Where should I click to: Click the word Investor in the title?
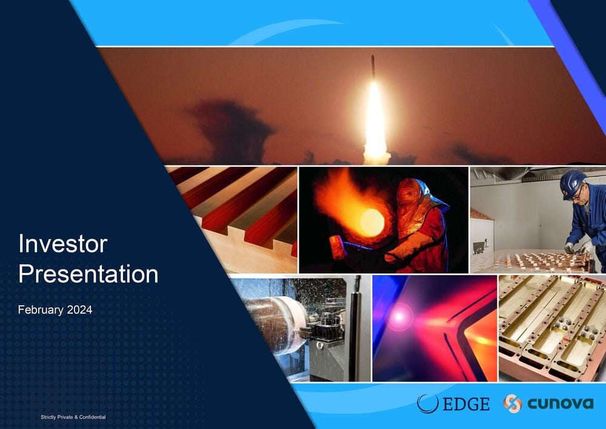pos(63,244)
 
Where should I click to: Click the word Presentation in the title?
pos(88,274)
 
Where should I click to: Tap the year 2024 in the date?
pos(79,309)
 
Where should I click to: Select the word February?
pos(41,310)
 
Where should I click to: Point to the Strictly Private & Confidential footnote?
pos(73,417)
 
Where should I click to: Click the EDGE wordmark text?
pos(466,404)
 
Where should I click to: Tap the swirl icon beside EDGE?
pos(428,404)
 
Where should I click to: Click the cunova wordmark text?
pos(561,404)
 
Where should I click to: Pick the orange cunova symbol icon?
pos(513,404)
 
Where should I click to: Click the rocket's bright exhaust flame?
pos(376,124)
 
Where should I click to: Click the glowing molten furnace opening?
pos(371,223)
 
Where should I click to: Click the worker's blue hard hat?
pos(573,184)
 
